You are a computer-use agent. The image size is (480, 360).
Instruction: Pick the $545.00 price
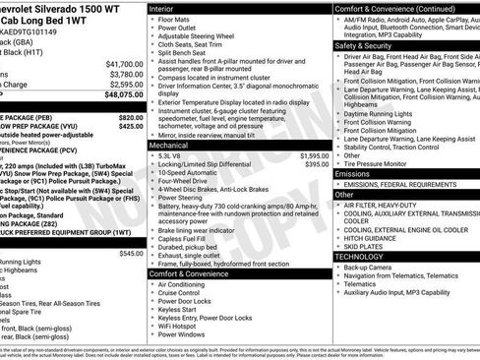pos(131,253)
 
